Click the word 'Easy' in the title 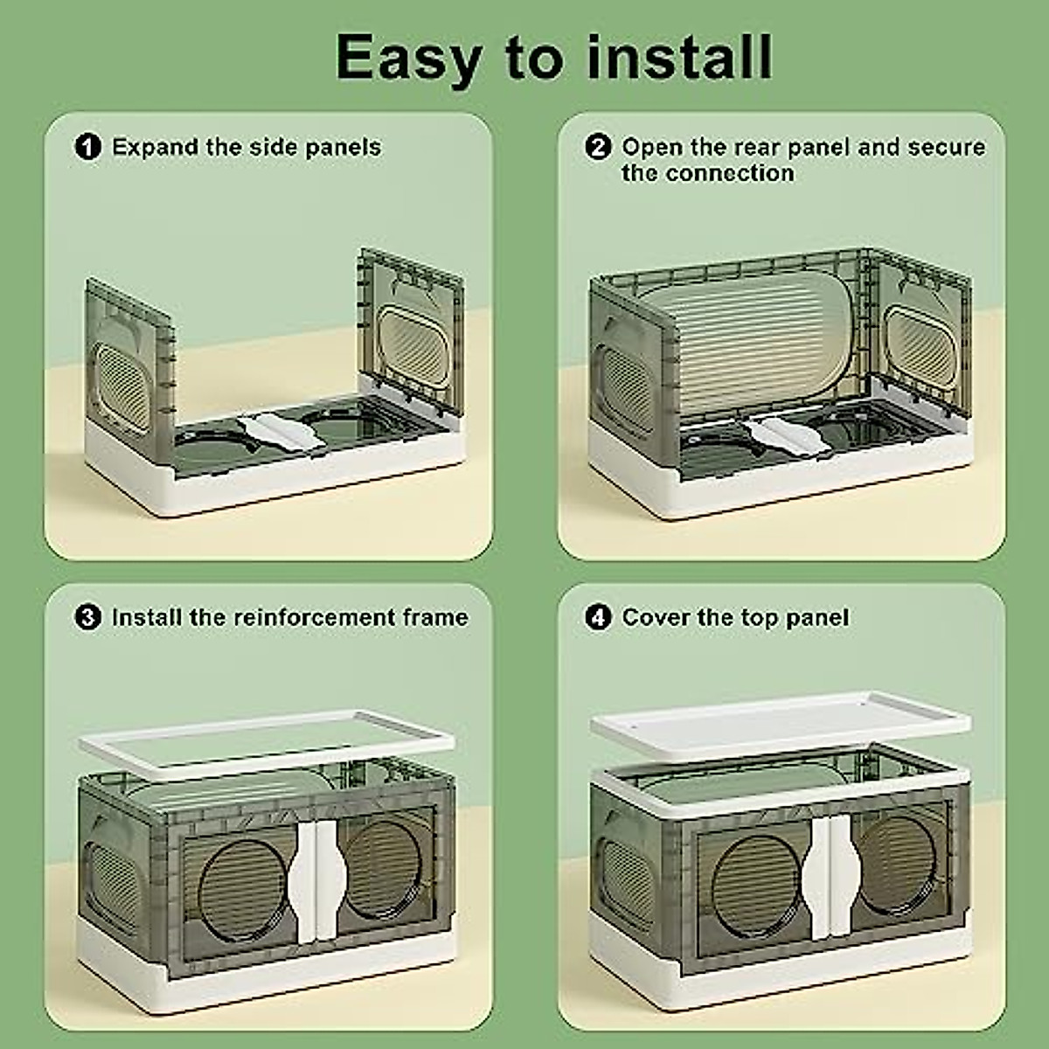(x=407, y=58)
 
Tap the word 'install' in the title (x=679, y=58)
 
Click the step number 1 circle (x=88, y=147)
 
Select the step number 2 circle (x=598, y=147)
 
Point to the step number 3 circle (x=88, y=618)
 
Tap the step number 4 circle (x=598, y=618)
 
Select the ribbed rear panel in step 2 (x=743, y=341)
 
